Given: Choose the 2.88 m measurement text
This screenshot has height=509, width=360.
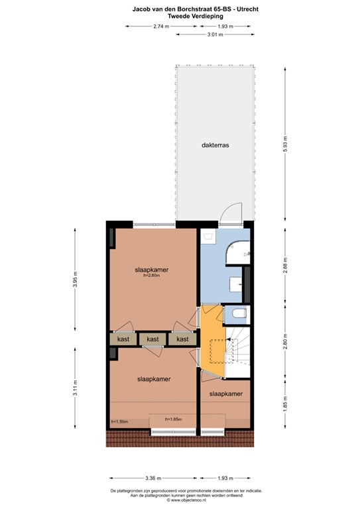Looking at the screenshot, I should click(286, 264).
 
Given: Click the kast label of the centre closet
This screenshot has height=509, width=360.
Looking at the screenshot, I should click(153, 339).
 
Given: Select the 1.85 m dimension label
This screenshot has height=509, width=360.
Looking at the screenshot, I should click(286, 402).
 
